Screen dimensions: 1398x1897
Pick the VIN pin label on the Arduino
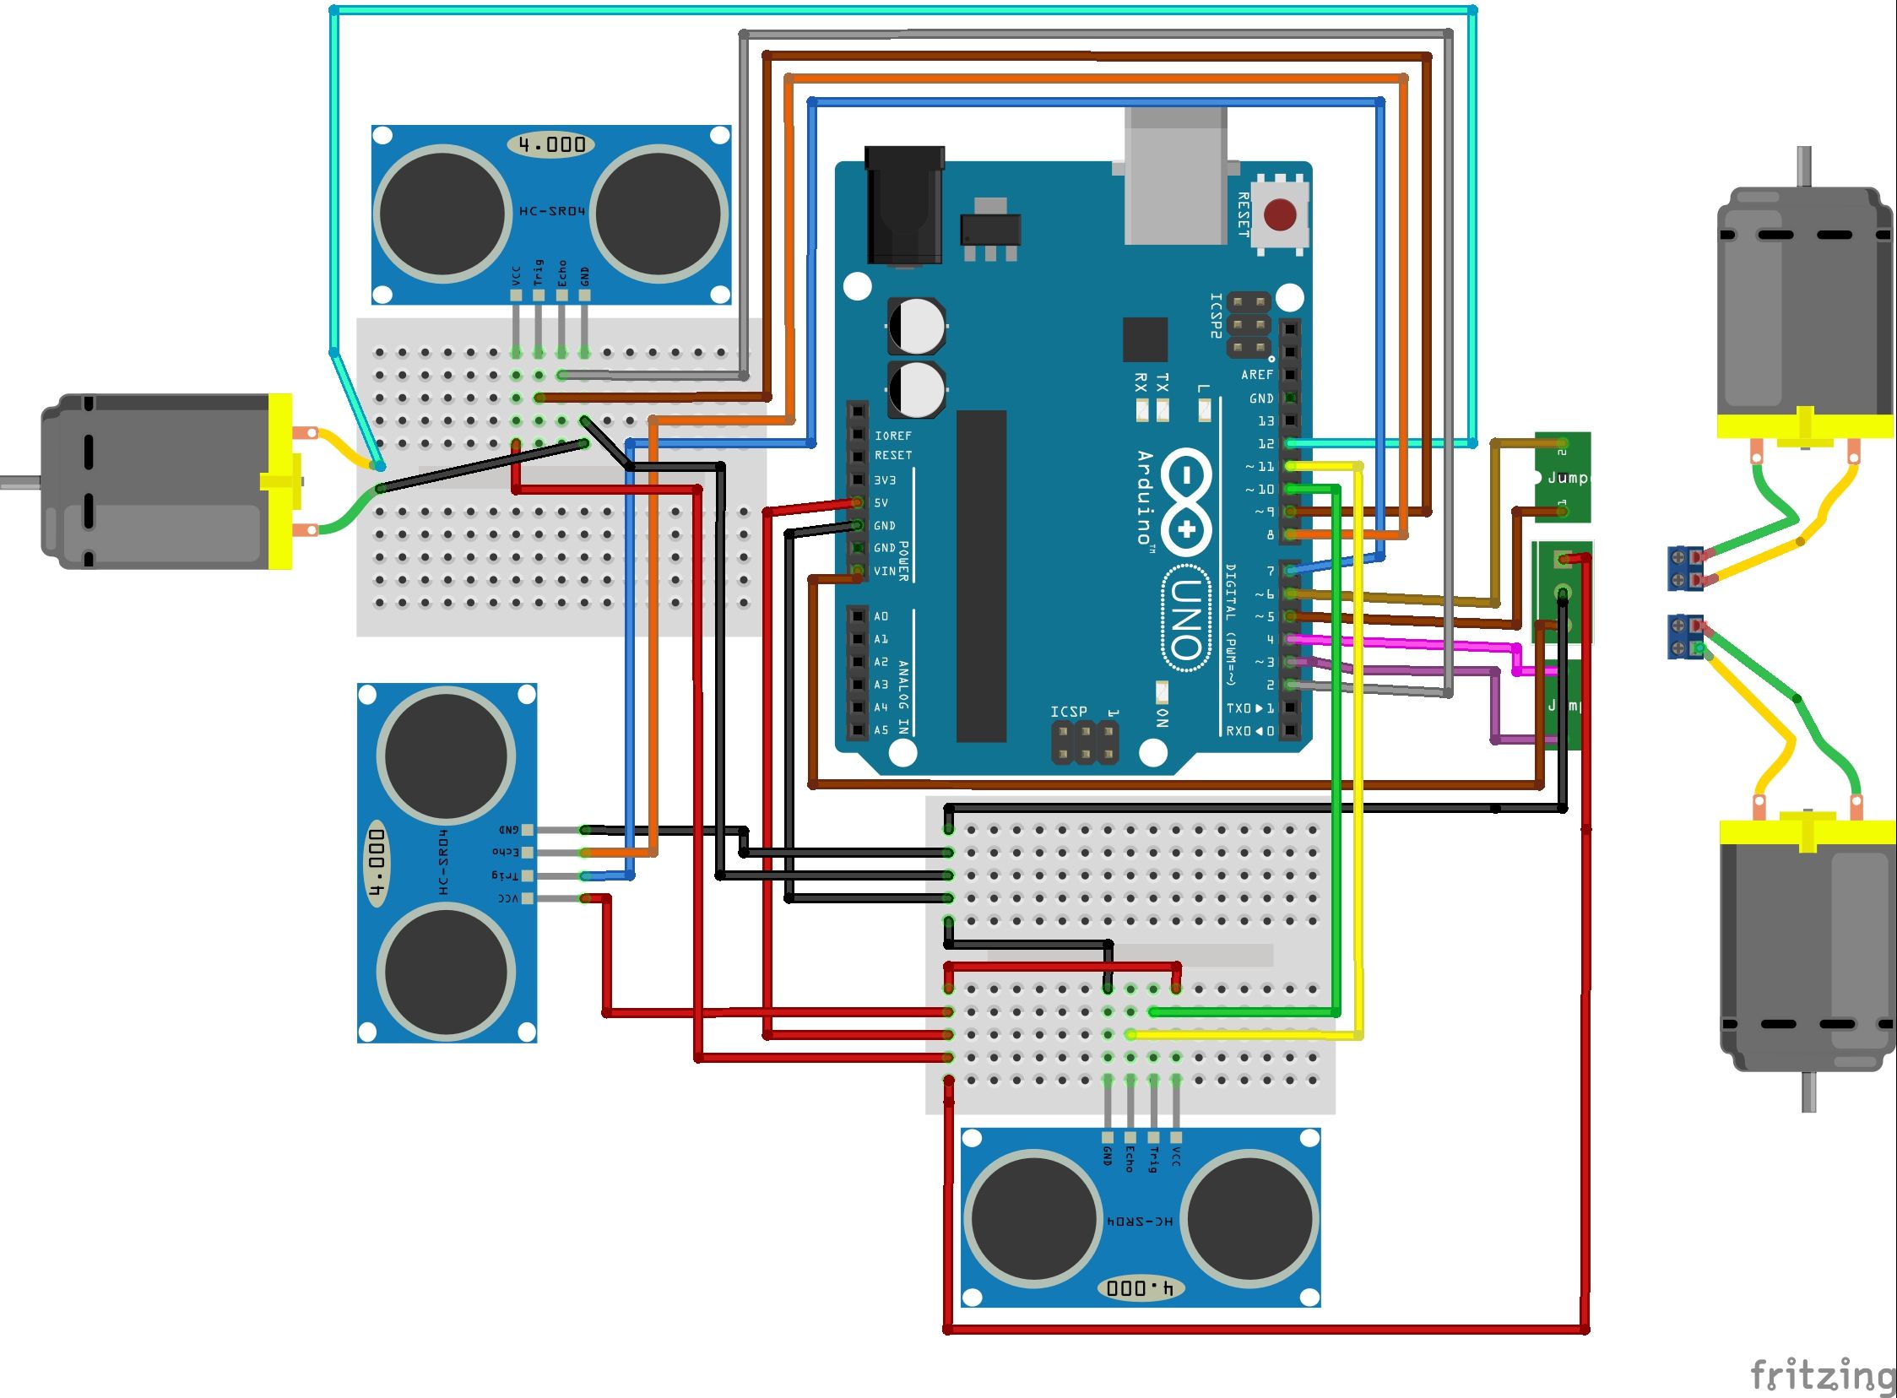tap(885, 572)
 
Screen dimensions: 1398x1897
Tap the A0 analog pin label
tap(881, 616)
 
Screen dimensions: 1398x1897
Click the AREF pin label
tap(1256, 375)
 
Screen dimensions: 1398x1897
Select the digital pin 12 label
tap(1266, 443)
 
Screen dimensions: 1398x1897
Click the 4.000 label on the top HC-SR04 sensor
tap(551, 144)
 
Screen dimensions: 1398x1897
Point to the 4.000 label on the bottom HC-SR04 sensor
tap(1139, 1288)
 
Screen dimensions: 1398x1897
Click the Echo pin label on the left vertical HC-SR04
tap(506, 851)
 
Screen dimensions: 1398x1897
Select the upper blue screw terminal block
tap(1685, 568)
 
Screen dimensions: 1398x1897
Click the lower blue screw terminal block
tap(1685, 637)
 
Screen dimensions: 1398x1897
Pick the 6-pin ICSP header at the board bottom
tap(1085, 741)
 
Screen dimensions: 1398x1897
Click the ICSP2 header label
tap(1216, 316)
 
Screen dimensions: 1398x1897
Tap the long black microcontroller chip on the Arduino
tap(981, 576)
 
